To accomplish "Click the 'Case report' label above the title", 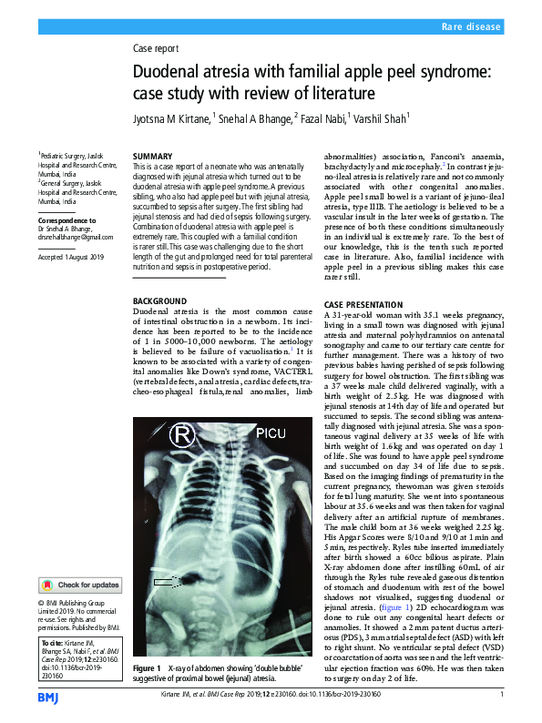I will coord(156,48).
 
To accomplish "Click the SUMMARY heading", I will coord(154,157).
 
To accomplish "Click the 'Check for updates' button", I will coord(79,586).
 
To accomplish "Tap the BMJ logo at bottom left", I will coord(48,697).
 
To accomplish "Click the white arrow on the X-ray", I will coord(167,579).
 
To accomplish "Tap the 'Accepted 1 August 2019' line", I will coord(72,258).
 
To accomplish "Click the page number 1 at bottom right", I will coord(502,696).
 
